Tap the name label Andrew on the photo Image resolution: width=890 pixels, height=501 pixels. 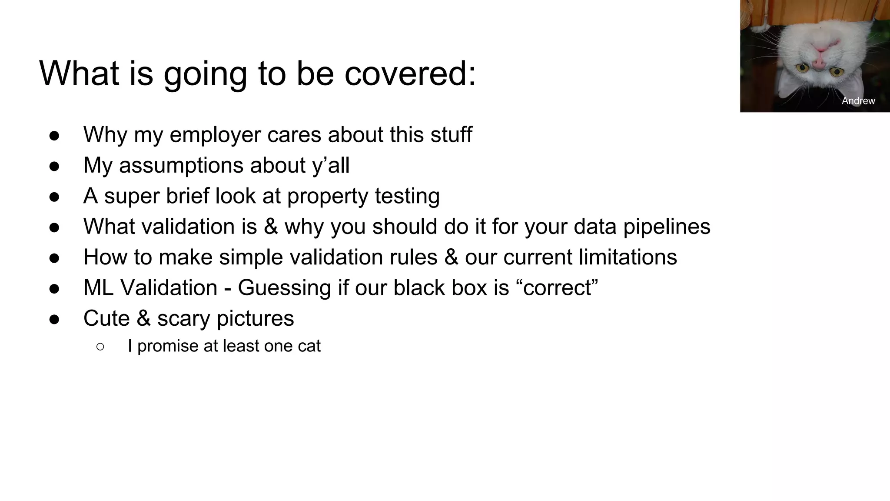click(858, 101)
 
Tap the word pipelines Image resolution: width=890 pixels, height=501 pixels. click(667, 227)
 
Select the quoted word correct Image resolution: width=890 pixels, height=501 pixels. click(557, 288)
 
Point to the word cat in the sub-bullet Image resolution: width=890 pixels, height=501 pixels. click(309, 346)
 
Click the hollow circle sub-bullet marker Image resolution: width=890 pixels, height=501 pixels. click(100, 347)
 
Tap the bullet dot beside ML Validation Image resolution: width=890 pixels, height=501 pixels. click(54, 289)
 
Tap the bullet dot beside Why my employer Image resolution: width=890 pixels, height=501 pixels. click(54, 136)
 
